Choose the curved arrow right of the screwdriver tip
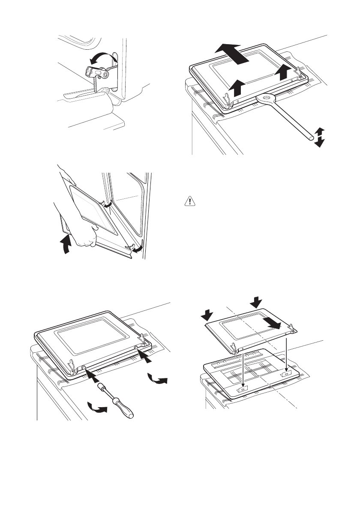click(x=156, y=378)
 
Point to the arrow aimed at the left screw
click(x=92, y=374)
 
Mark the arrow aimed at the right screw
click(x=146, y=356)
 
